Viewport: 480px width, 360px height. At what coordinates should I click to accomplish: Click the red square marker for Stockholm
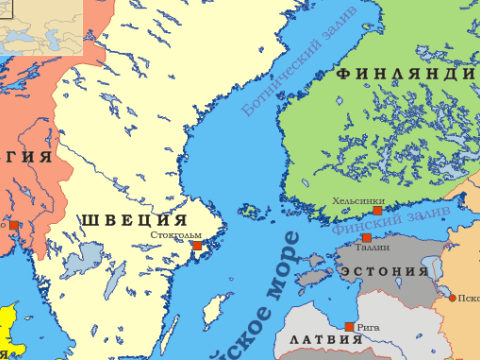pos(197,245)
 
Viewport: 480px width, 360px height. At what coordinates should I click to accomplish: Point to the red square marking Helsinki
pos(377,211)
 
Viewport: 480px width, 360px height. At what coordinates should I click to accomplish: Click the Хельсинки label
pos(355,200)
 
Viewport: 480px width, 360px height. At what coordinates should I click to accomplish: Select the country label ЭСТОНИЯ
pos(384,272)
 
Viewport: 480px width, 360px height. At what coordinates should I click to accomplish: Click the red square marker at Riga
pos(348,327)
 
